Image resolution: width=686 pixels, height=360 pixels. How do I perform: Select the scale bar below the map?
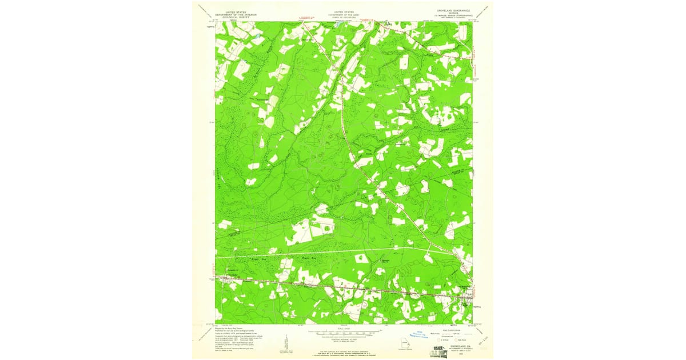click(344, 330)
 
